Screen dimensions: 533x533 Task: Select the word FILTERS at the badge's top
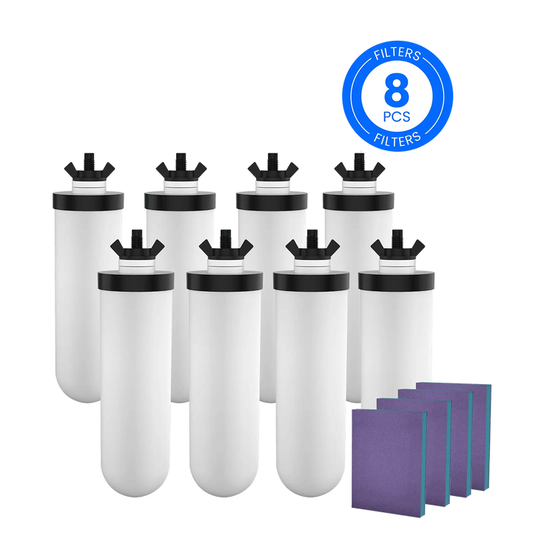point(398,56)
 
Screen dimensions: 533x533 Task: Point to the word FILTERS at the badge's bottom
point(398,138)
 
